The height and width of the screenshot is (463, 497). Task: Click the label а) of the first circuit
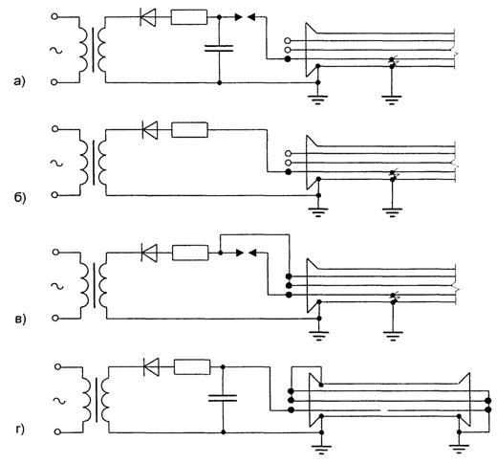19,82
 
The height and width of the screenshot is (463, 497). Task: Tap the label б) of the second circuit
20,198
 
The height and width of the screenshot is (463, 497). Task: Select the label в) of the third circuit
20,320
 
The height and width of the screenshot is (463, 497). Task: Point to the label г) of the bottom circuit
20,430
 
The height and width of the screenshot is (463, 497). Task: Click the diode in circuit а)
148,16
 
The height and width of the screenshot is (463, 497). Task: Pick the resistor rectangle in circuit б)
189,130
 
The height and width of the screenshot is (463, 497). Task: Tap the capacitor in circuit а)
219,49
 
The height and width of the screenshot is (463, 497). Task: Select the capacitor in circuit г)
223,398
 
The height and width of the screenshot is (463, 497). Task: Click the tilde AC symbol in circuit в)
57,286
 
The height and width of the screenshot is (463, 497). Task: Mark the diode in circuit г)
151,367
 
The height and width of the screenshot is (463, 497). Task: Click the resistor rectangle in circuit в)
190,253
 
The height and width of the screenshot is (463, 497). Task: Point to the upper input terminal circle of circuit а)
54,16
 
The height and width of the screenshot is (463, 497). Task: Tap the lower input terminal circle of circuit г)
57,432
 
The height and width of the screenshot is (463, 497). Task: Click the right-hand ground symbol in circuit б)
392,212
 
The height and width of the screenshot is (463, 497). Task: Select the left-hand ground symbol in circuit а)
317,99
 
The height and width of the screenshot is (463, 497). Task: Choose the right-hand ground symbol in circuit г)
459,449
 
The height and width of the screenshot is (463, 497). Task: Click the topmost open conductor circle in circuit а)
288,40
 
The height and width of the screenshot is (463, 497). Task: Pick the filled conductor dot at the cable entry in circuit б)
288,172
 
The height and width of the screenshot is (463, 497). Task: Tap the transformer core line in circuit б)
94,163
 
